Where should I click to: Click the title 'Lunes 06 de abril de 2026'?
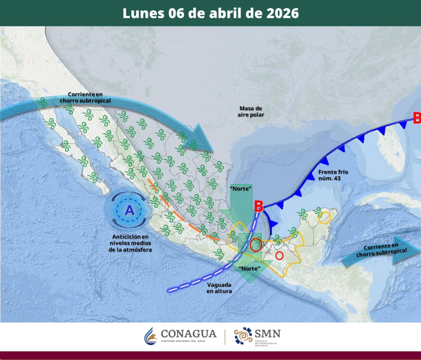pyautogui.click(x=210, y=13)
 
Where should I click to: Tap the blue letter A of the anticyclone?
pyautogui.click(x=130, y=210)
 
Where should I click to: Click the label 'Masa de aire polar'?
pyautogui.click(x=251, y=111)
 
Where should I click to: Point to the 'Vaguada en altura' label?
pyautogui.click(x=219, y=288)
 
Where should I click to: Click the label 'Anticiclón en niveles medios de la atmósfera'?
pyautogui.click(x=130, y=243)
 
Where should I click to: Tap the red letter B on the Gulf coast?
pyautogui.click(x=259, y=206)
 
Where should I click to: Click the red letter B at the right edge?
pyautogui.click(x=417, y=118)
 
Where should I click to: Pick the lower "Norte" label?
pyautogui.click(x=249, y=269)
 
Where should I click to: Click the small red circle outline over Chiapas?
pyautogui.click(x=279, y=256)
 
